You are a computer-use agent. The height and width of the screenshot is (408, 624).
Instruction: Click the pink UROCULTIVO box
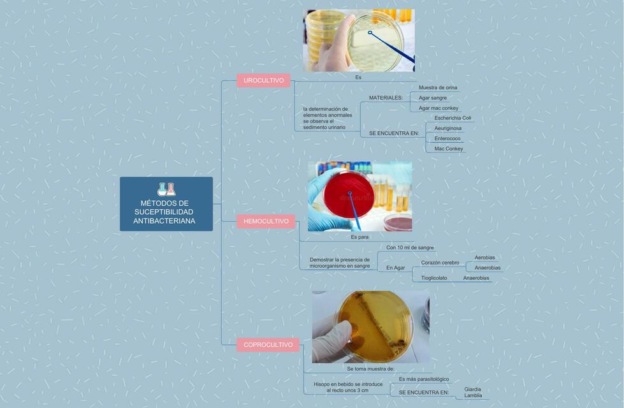point(264,80)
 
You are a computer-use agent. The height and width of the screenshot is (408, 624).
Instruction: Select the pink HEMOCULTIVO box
point(266,221)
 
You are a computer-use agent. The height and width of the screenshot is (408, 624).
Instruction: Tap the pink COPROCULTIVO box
point(268,345)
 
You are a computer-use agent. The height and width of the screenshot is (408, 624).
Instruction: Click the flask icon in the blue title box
point(166,189)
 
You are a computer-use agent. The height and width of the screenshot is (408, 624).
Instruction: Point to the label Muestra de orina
point(438,87)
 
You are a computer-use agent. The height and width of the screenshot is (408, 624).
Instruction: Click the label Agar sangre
point(433,98)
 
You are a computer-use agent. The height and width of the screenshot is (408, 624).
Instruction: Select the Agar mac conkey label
point(439,108)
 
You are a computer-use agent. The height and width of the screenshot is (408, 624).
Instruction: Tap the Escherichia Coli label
point(453,118)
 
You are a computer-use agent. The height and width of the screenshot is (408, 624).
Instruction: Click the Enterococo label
point(447,138)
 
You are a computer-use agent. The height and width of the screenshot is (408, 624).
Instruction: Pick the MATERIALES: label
point(386,98)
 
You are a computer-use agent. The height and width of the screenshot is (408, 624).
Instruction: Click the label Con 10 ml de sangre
point(410,247)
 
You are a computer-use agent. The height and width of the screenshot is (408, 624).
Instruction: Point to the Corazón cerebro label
point(440,263)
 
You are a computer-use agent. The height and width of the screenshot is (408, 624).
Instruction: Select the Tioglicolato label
point(434,278)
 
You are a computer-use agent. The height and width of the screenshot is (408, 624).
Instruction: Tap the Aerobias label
point(484,258)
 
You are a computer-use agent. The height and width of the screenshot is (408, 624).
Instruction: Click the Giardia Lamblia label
point(473,392)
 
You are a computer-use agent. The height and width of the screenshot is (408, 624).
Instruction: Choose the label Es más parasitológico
point(424,379)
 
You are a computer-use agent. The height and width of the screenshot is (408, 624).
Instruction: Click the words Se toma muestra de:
point(370,368)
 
